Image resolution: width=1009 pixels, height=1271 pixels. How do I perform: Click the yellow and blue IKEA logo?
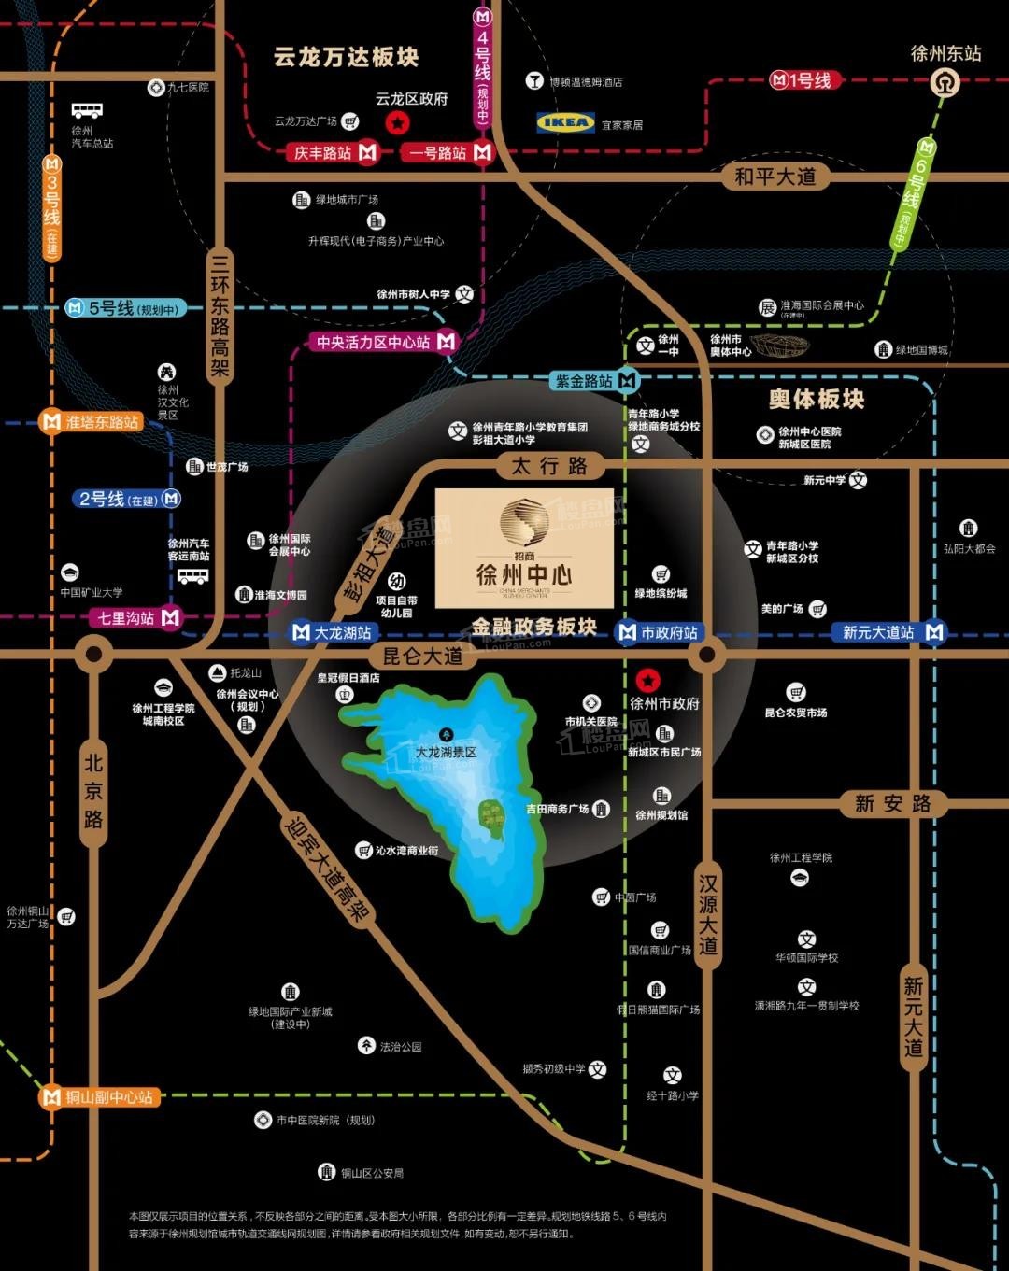[x=565, y=122]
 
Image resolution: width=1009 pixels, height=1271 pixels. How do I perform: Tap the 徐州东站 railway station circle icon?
[x=945, y=84]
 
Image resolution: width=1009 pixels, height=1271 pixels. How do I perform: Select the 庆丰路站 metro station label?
[x=333, y=152]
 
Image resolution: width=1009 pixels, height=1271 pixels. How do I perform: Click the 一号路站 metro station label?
[x=447, y=152]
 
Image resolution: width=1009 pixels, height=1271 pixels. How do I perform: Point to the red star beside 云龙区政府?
[x=397, y=121]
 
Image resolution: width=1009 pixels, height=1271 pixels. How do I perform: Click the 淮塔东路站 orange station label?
[x=93, y=422]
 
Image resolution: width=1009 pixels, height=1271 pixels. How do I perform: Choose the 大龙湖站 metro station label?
[x=333, y=632]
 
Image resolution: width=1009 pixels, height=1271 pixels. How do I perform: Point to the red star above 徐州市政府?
[x=647, y=680]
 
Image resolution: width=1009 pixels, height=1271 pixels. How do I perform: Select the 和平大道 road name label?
[x=775, y=177]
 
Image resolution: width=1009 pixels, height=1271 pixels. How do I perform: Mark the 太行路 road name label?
[x=549, y=465]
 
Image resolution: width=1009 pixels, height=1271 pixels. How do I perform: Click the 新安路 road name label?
[x=893, y=803]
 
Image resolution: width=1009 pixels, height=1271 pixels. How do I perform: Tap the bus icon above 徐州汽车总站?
[x=87, y=111]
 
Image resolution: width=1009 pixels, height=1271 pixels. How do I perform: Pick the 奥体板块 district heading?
[x=817, y=400]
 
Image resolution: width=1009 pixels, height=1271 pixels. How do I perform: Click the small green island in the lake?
[x=490, y=814]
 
